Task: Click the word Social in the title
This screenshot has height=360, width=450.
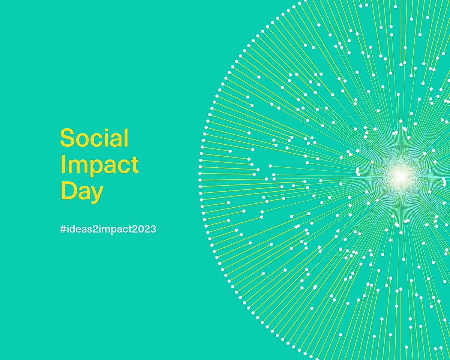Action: click(94, 138)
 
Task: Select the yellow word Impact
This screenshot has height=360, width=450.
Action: click(99, 165)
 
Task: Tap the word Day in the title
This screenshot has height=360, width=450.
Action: click(81, 192)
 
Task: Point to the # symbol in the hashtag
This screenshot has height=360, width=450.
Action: click(63, 229)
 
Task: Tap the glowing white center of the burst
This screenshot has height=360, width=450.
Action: click(400, 175)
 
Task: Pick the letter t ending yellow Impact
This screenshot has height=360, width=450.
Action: click(135, 165)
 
